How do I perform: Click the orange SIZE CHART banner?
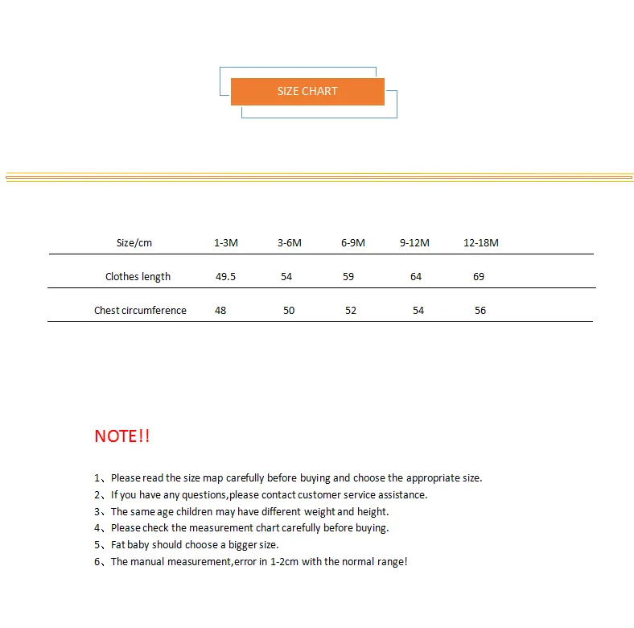coord(307,92)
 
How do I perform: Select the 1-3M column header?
coord(226,243)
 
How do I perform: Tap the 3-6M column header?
coord(290,243)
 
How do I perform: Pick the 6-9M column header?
coord(352,243)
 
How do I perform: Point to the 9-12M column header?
coord(414,243)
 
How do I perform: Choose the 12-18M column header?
coord(481,243)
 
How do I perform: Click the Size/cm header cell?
coord(134,243)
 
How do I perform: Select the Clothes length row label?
coord(138,277)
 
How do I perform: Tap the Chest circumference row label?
coord(140,311)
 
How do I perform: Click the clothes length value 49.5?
coord(225,277)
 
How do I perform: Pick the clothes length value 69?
coord(479,277)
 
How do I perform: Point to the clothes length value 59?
coord(348,277)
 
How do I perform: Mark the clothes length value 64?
coord(416,277)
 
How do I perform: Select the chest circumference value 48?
coord(220,311)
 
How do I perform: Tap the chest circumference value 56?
coord(480,311)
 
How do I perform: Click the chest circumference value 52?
coord(351,311)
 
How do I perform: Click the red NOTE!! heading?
coord(122,436)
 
